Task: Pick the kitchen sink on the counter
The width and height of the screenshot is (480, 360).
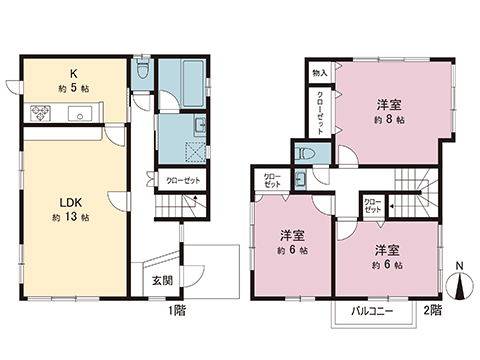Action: coord(75,114)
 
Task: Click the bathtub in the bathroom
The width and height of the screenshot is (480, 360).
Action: coord(182,79)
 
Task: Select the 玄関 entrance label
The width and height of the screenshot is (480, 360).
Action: coord(162,279)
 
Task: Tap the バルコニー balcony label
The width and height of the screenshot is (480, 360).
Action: coord(372,311)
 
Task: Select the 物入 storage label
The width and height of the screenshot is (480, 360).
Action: coord(319,72)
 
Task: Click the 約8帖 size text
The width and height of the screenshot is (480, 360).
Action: coord(390,119)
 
